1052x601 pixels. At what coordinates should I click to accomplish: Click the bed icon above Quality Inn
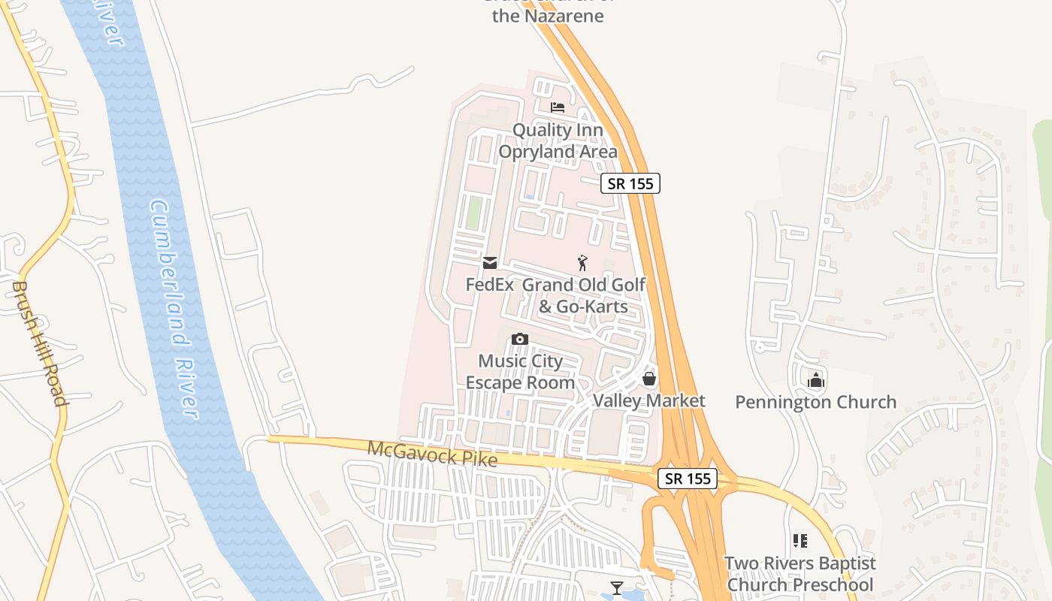point(557,107)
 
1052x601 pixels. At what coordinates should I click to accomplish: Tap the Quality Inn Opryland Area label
point(558,140)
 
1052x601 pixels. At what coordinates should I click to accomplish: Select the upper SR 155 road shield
point(630,183)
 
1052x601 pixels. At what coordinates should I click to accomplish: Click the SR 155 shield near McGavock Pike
point(688,479)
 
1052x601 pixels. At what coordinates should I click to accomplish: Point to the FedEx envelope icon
point(490,262)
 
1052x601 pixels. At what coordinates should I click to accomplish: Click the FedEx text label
point(489,285)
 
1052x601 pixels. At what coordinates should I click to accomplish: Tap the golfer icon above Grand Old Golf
point(582,263)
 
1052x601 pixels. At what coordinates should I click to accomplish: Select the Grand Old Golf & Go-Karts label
point(584,295)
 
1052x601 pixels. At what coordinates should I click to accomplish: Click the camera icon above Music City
point(520,339)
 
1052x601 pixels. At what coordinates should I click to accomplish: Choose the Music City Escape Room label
point(520,372)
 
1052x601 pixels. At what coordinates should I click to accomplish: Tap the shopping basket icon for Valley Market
point(649,379)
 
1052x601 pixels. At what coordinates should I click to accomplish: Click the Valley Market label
point(649,400)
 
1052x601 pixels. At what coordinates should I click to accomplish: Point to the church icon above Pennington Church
point(816,380)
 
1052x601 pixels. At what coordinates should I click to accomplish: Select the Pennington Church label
point(815,402)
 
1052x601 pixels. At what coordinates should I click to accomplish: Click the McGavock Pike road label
point(432,454)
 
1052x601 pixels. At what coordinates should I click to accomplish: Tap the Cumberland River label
point(174,308)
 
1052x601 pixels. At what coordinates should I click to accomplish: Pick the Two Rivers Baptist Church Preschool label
point(800,574)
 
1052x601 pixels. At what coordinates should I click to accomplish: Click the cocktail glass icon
point(617,587)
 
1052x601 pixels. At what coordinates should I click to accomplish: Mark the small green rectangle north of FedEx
point(473,213)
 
